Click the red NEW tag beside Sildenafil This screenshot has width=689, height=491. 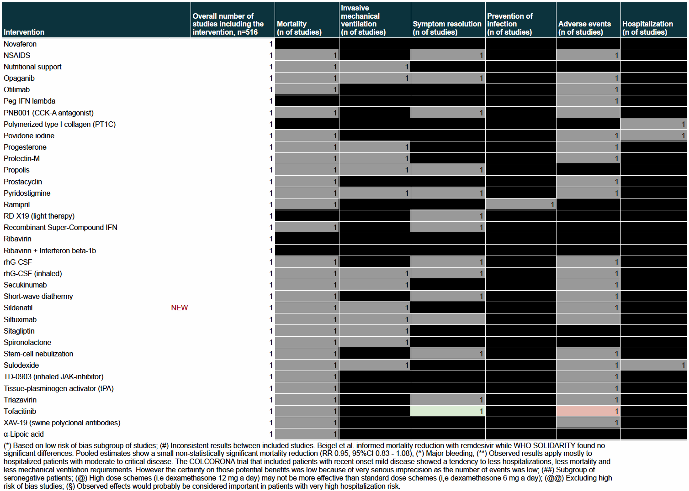coord(179,308)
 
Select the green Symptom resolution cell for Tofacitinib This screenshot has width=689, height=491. coord(448,411)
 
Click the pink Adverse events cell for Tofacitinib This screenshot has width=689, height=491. coord(588,411)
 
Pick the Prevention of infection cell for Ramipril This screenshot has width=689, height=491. coord(520,204)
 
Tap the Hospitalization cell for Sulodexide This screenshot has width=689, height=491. coord(654,365)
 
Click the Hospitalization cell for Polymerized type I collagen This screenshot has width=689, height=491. coord(654,124)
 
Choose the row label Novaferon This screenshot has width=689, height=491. coord(20,44)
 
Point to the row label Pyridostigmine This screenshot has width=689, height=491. coord(27,193)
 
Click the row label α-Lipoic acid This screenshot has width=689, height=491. coord(24,434)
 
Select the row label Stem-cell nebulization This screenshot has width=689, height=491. coord(38,354)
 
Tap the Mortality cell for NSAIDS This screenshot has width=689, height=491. coord(307,55)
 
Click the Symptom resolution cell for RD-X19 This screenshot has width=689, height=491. coord(448,216)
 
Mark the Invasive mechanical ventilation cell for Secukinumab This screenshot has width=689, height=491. coord(375,285)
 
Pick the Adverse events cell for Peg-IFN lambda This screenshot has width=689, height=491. coord(588,101)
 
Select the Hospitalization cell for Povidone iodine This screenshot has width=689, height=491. coord(654,136)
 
